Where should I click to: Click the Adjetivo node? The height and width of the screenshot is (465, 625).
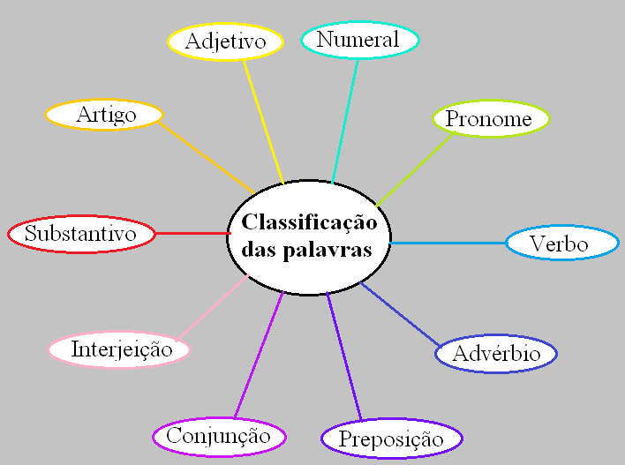click(225, 41)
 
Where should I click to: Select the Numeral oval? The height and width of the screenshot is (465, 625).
click(358, 40)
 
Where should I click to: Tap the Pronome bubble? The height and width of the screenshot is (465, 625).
click(490, 119)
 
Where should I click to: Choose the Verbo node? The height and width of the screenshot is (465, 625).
click(561, 244)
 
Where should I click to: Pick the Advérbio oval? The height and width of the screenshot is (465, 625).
click(495, 354)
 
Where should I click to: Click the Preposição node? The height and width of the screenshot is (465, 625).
click(390, 439)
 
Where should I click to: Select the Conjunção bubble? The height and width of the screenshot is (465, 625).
click(219, 435)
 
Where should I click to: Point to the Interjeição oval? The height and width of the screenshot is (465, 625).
click(119, 349)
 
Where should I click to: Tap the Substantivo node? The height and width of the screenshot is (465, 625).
click(80, 234)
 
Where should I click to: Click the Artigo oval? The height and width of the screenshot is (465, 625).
click(104, 114)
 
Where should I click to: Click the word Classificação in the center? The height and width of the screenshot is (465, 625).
click(309, 222)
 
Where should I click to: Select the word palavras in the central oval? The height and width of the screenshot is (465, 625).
click(336, 250)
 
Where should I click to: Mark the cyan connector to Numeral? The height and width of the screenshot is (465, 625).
click(345, 120)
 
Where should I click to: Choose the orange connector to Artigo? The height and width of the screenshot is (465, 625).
click(207, 157)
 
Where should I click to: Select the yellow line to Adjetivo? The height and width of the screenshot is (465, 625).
click(262, 120)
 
